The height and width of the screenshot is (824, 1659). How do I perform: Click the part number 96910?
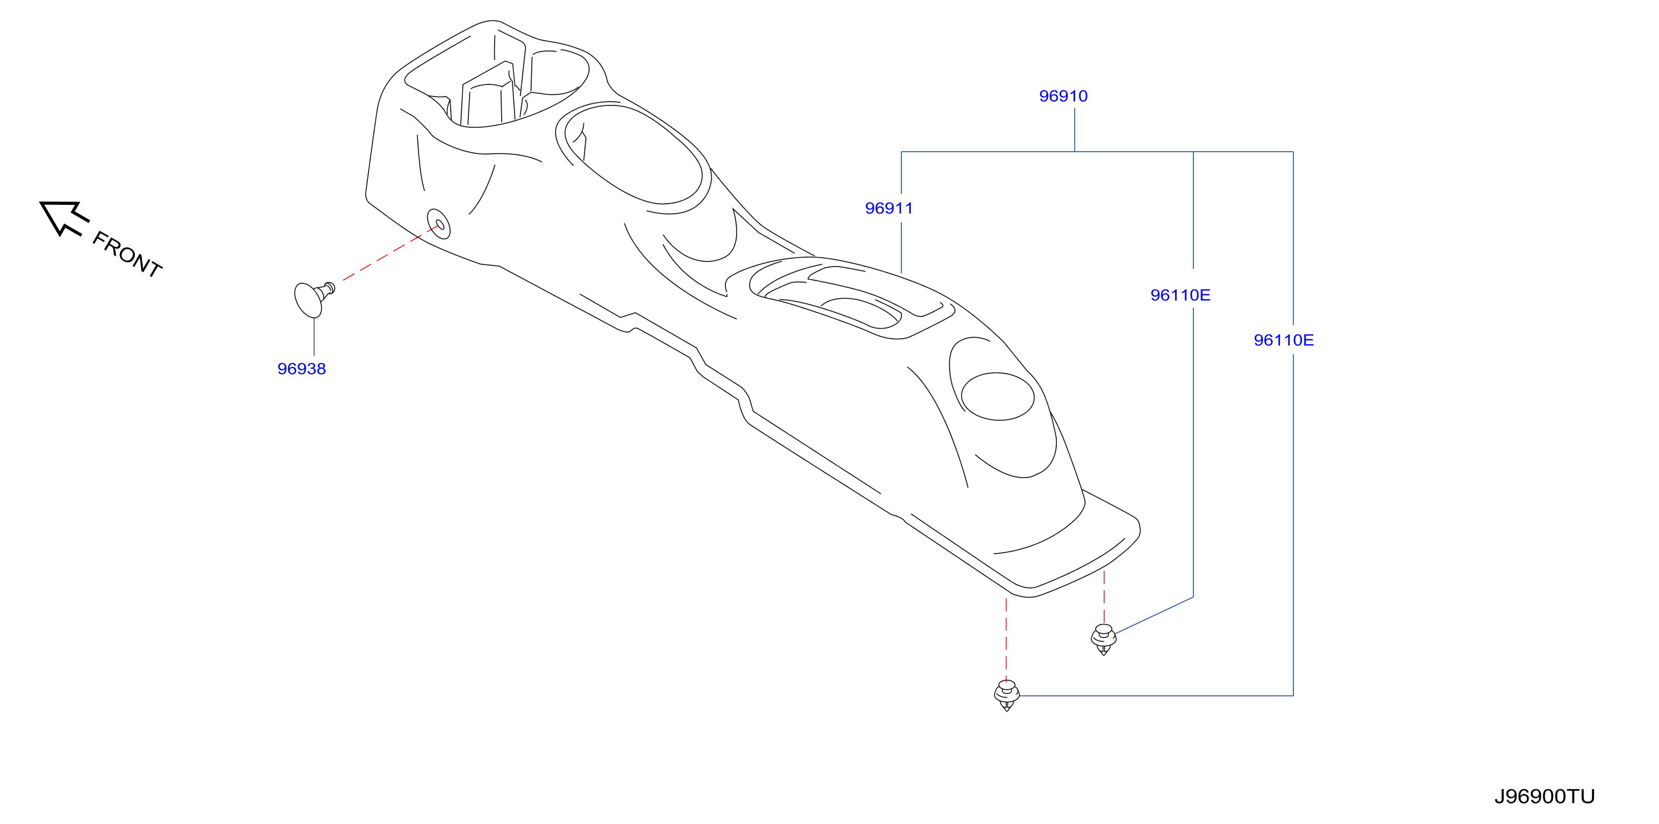click(x=1063, y=96)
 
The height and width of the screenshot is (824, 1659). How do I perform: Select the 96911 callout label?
click(x=889, y=208)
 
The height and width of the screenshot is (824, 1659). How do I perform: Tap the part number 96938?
click(x=301, y=369)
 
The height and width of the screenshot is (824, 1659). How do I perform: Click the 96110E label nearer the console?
click(x=1180, y=295)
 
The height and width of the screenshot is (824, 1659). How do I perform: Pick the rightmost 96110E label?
click(x=1284, y=340)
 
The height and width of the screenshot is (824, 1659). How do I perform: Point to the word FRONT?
click(x=127, y=254)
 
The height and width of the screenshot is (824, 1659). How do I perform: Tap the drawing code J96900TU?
click(x=1544, y=796)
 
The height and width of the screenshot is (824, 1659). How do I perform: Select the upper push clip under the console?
click(x=1103, y=639)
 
